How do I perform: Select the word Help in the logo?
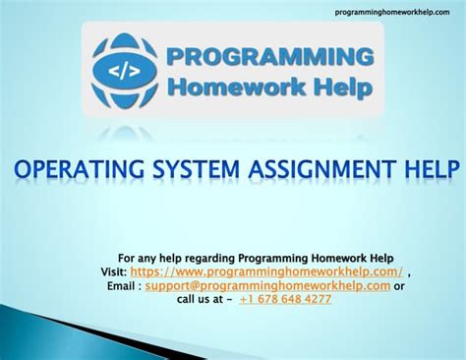coord(340,88)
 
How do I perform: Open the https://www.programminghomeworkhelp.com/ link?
coord(265,271)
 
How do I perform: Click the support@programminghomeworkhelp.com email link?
coord(267,285)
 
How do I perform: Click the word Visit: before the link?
coord(112,271)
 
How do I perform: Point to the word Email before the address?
coord(122,285)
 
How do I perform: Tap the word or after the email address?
coord(399,285)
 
